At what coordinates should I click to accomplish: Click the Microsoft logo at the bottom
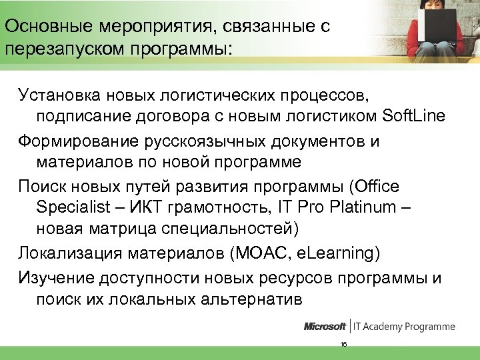[x=325, y=327]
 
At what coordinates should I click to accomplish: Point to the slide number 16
[x=343, y=344]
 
